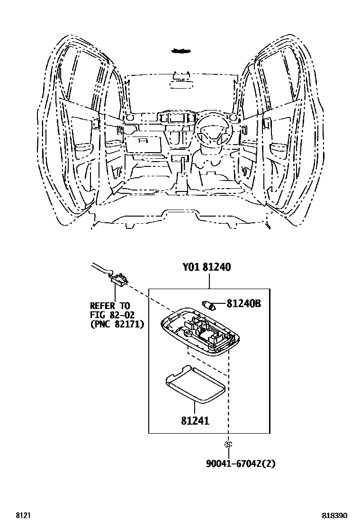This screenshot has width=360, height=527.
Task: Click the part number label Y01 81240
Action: coord(207,267)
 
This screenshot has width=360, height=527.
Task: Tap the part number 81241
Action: coord(195,420)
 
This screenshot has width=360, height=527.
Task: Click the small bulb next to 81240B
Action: coord(209,304)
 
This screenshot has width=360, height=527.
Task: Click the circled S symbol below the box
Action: coord(228,445)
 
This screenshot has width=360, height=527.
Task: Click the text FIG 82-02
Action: coord(112,315)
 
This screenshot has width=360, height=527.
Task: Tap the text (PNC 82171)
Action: coord(117,324)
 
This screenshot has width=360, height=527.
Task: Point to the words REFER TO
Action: coord(110,306)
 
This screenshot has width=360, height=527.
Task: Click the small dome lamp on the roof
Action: coord(180,50)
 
